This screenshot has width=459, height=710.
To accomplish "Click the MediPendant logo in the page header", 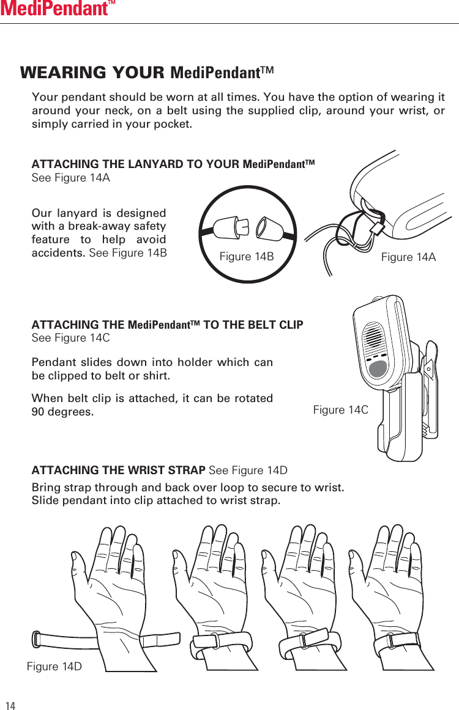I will coord(58,9).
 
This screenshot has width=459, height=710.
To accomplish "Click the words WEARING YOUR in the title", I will coord(92,73).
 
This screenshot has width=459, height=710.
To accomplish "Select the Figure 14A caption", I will coord(408,257).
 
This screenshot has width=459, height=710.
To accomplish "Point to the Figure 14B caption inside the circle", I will coord(246,257).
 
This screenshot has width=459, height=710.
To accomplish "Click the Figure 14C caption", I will coord(340,409).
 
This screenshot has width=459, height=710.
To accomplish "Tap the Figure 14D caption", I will coord(54,666).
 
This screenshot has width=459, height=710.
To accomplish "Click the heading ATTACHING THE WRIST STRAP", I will coord(119,470).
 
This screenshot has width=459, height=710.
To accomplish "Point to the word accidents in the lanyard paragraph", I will coord(58,253).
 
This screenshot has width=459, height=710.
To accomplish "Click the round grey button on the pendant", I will coord(379,368).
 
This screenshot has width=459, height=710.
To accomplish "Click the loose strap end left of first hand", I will coord(38,639).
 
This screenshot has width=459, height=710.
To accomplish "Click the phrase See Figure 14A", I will coord(70,178).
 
